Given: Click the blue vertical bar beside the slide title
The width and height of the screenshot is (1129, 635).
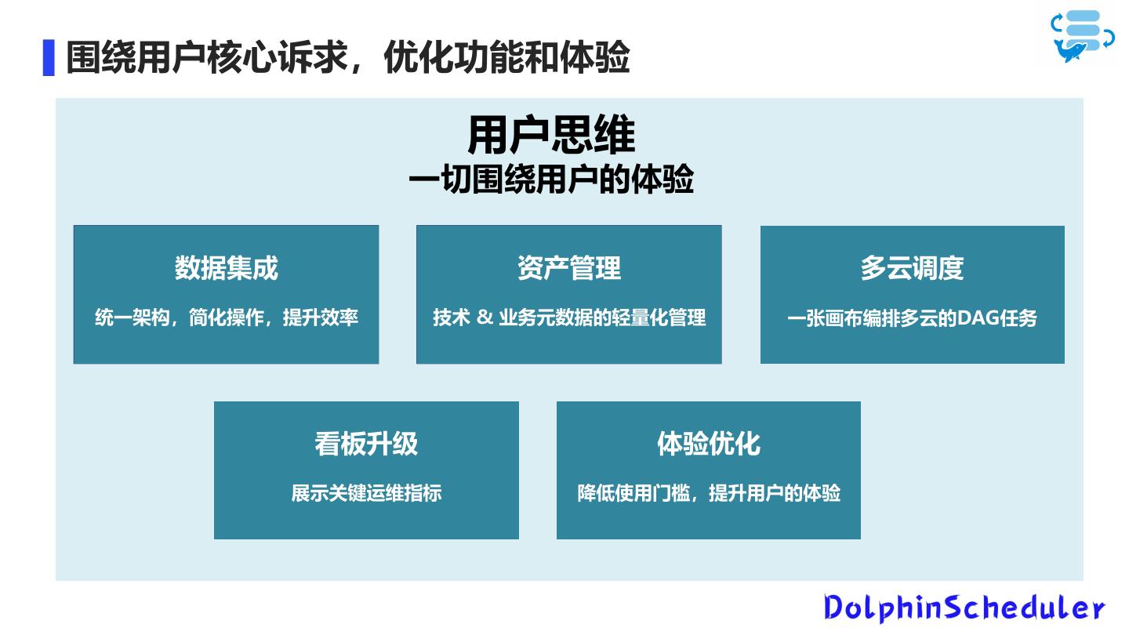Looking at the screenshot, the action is point(49,57).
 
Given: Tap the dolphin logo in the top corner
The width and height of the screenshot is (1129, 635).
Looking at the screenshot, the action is point(1083,36).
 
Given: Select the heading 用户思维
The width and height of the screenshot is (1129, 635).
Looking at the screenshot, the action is point(551,136).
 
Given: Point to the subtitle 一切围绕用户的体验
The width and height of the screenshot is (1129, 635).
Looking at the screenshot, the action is point(551,180).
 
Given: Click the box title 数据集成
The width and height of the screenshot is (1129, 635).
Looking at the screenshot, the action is point(226,268).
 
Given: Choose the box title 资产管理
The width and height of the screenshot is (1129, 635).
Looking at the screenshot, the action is point(568,268).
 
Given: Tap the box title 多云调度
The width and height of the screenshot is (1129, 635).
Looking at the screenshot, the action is point(912,268).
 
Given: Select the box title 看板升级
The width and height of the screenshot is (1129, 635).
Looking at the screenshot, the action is point(366,444).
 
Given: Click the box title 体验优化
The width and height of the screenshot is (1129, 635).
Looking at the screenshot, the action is point(708,444).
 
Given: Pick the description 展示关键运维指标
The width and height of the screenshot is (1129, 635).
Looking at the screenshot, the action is point(366,493).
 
